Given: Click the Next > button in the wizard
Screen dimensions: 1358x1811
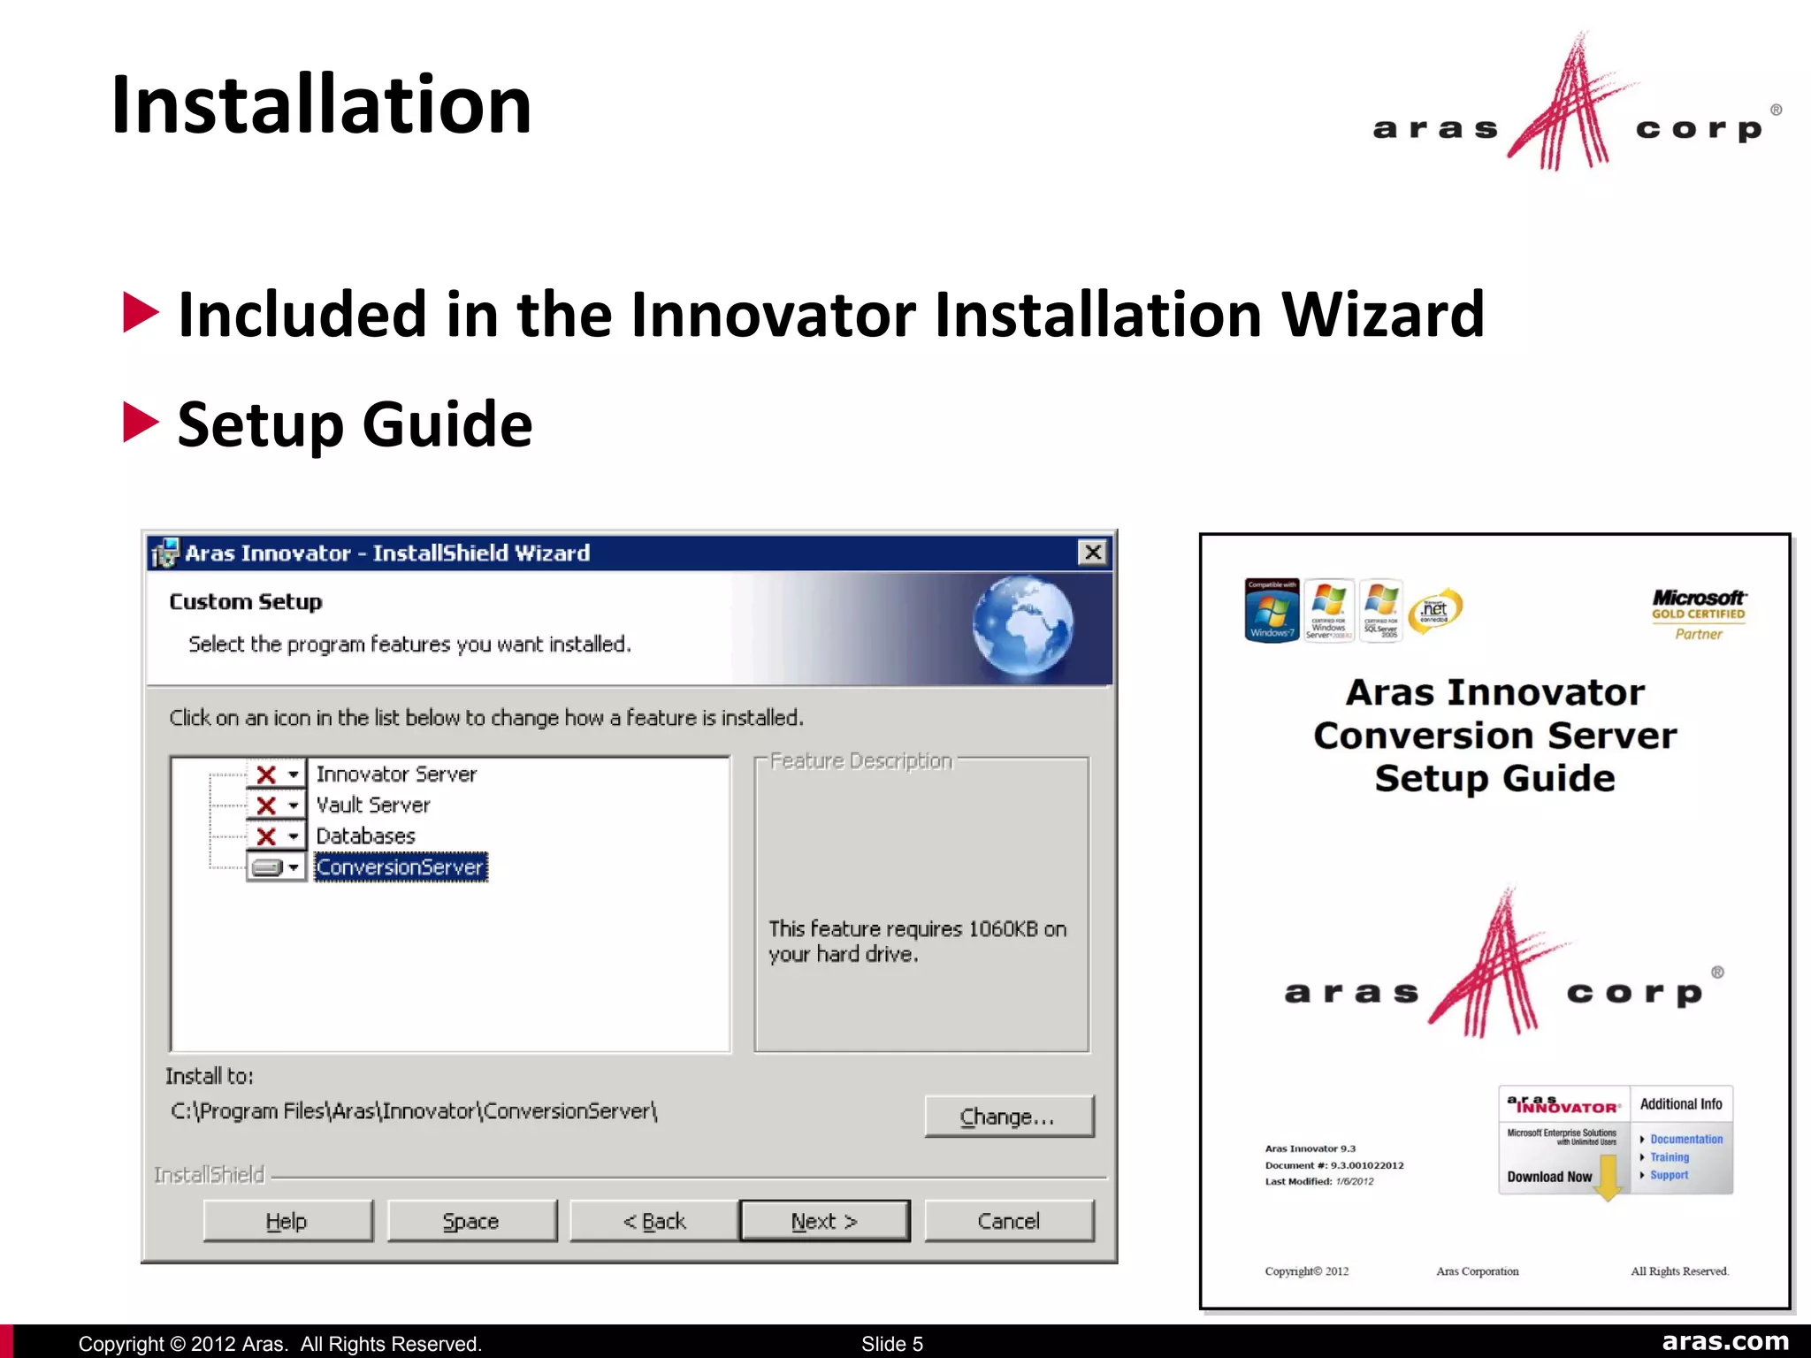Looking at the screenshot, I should tap(824, 1221).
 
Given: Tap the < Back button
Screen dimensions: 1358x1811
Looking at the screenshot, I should tap(653, 1221).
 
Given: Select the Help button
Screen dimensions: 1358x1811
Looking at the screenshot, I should tap(287, 1221).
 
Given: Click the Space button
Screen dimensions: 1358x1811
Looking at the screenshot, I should tap(471, 1221).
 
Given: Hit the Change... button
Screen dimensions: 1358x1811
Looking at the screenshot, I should tap(1008, 1117).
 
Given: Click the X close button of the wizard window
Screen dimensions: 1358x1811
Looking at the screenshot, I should tap(1093, 553).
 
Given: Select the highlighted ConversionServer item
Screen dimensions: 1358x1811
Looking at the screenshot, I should tap(400, 867).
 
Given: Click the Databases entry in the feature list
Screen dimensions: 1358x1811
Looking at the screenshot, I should tap(365, 836).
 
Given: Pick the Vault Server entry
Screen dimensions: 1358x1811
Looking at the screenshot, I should tap(372, 805).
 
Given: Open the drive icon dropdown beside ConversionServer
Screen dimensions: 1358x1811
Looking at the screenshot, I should tap(276, 867).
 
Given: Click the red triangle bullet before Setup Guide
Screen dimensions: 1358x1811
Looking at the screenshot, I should tap(141, 423).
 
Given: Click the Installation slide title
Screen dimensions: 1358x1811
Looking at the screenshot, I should tap(321, 105).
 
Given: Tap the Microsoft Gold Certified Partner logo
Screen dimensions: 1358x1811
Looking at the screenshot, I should tap(1698, 614).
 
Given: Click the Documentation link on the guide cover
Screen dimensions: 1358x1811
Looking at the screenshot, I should tap(1685, 1140).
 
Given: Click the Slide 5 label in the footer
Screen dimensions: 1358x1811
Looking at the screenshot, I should tap(891, 1344).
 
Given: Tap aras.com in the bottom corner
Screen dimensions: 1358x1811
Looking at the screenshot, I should tap(1724, 1341).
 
